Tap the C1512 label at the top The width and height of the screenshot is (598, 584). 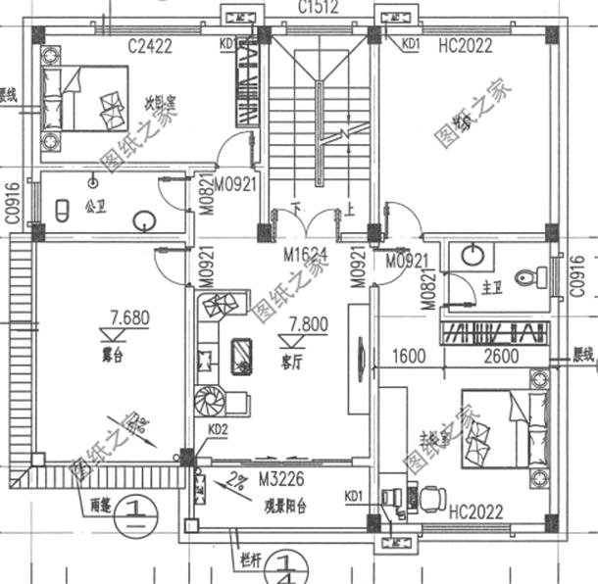pyautogui.click(x=319, y=9)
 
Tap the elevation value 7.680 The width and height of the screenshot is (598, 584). pyautogui.click(x=129, y=316)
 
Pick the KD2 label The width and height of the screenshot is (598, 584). pyautogui.click(x=218, y=429)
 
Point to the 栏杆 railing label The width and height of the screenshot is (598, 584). pyautogui.click(x=253, y=562)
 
